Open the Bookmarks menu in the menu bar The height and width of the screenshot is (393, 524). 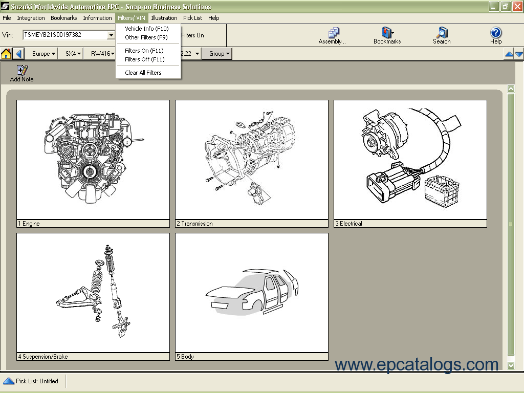[63, 18]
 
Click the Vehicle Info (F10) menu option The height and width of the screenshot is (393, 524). [146, 29]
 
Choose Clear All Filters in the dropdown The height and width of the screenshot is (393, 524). [143, 73]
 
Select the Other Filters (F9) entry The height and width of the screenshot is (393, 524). [146, 37]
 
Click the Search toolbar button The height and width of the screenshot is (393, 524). [442, 35]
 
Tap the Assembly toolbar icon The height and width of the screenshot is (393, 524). [333, 35]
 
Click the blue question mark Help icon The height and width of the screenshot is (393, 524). [496, 35]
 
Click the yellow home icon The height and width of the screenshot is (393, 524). [6, 54]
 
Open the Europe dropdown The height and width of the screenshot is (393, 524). [43, 54]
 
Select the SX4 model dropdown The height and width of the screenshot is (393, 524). [73, 54]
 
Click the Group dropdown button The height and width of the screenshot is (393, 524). [220, 54]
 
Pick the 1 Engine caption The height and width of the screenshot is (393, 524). [29, 224]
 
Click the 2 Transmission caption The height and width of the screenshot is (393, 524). [194, 224]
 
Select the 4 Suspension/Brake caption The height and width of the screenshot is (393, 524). [43, 357]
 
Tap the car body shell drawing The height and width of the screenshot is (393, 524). [251, 292]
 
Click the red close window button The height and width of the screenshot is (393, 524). [517, 7]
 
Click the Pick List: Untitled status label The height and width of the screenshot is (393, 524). [37, 381]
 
